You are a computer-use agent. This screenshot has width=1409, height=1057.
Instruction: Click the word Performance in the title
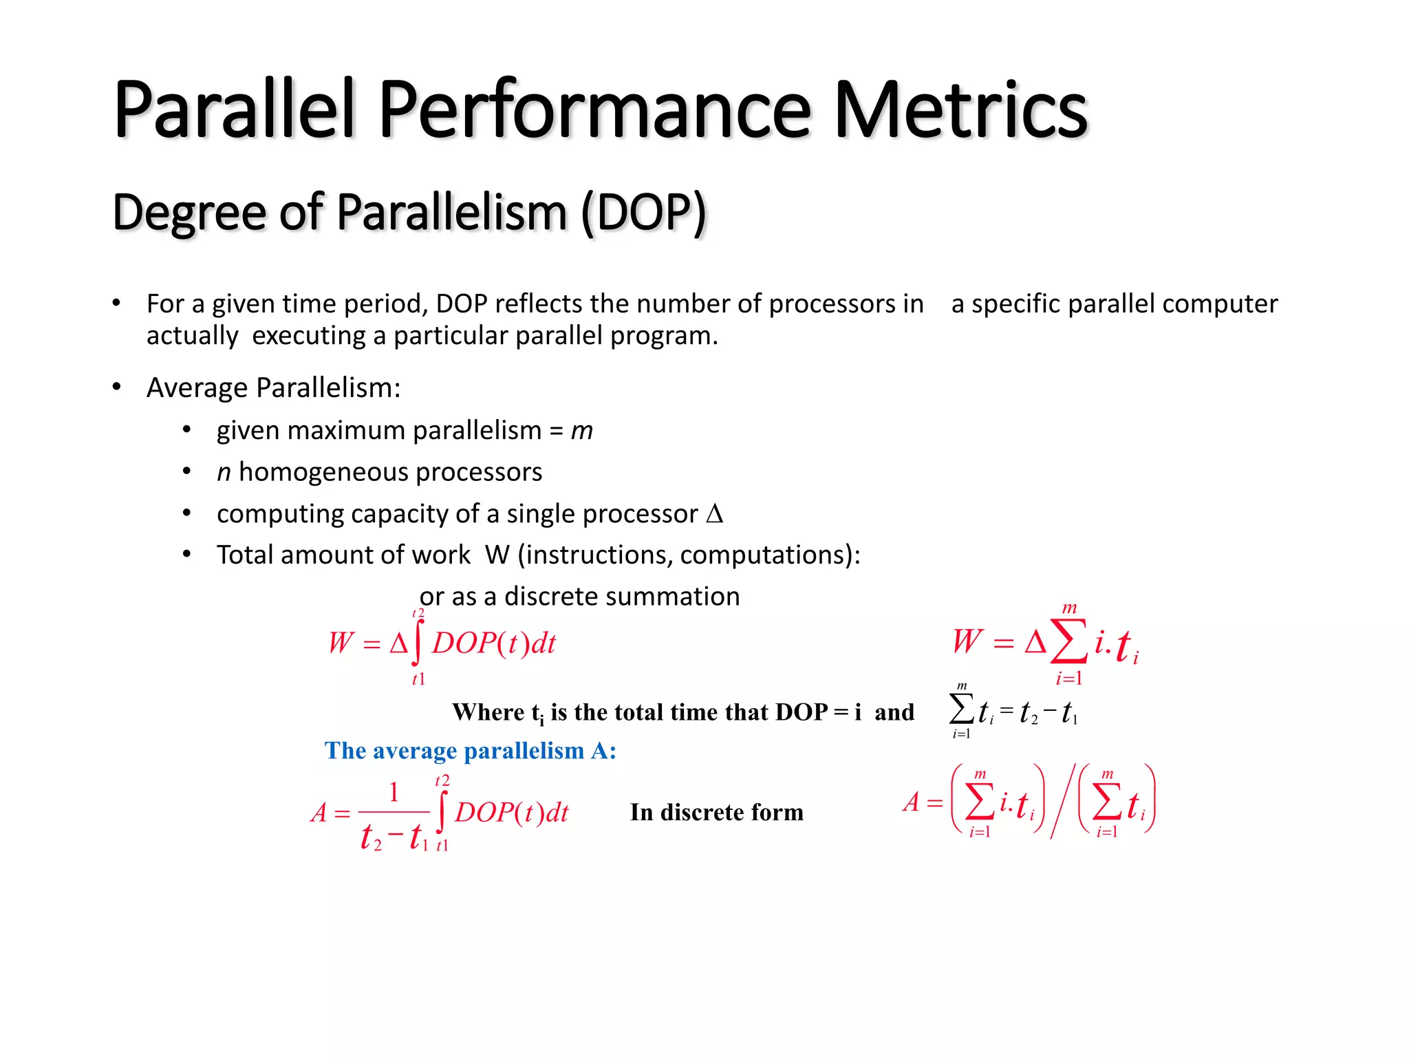click(594, 110)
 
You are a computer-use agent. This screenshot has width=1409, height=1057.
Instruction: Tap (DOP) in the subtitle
click(643, 213)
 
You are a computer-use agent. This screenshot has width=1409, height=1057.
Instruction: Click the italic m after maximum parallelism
click(581, 431)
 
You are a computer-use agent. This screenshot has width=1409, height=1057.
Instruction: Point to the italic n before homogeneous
click(224, 473)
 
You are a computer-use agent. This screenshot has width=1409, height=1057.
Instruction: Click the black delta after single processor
click(715, 514)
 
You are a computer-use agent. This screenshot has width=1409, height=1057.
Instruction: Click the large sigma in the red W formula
click(1068, 641)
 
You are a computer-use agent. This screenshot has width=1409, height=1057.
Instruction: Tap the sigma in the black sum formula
click(961, 709)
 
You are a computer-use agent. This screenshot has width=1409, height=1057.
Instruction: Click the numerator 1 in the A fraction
click(394, 792)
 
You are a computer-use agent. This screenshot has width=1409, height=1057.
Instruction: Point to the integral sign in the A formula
click(442, 812)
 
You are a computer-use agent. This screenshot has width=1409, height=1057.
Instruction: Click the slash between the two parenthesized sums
click(1061, 802)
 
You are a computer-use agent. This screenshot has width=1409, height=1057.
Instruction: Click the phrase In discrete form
click(716, 813)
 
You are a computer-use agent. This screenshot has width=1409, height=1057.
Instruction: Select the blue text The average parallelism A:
click(470, 751)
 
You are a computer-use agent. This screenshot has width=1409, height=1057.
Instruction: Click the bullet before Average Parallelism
click(117, 387)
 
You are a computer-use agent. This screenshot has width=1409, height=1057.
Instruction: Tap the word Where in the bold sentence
click(488, 712)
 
